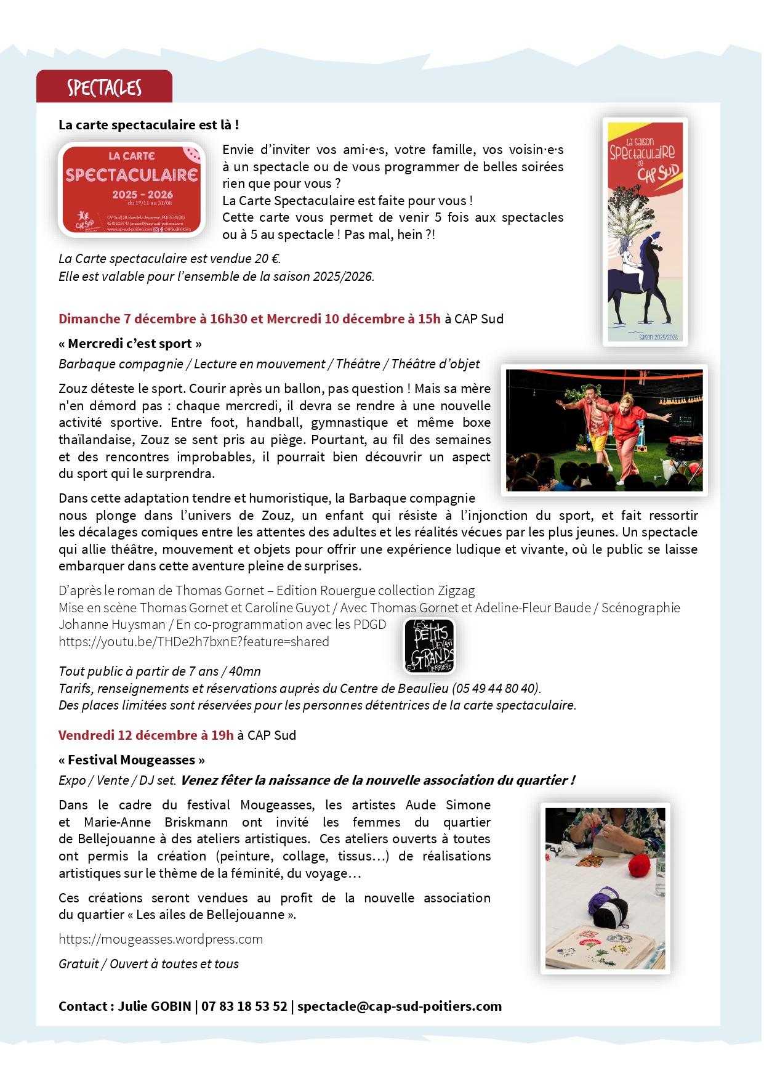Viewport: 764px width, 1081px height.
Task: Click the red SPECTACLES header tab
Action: pyautogui.click(x=104, y=87)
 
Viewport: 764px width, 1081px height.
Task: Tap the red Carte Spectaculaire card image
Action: pyautogui.click(x=132, y=189)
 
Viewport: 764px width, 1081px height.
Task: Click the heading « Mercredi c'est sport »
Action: pyautogui.click(x=130, y=344)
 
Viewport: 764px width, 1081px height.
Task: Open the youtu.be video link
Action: pyautogui.click(x=194, y=642)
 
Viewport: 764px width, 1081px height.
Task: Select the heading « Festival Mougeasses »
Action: pyautogui.click(x=132, y=760)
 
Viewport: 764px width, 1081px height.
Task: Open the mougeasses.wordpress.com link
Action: pyautogui.click(x=161, y=939)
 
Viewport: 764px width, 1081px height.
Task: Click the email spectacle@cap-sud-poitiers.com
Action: pyautogui.click(x=400, y=1006)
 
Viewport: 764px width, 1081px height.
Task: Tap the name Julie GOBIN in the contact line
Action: pyautogui.click(x=155, y=1006)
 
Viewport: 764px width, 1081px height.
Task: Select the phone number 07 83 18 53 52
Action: pyautogui.click(x=244, y=1006)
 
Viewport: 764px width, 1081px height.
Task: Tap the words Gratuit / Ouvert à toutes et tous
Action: pyautogui.click(x=148, y=964)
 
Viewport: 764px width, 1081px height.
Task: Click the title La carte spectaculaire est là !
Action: pyautogui.click(x=148, y=125)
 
